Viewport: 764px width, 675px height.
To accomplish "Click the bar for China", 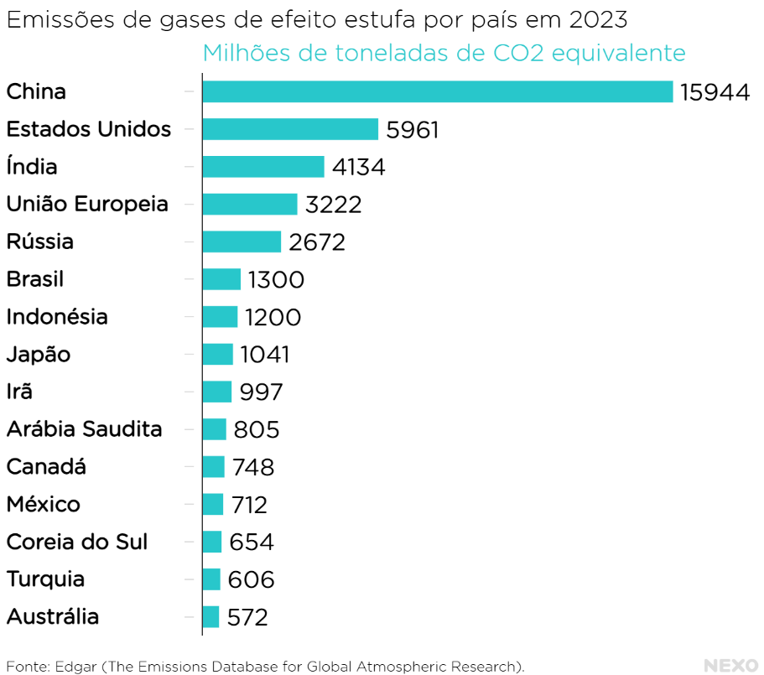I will [437, 91].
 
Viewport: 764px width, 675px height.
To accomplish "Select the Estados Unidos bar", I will [290, 129].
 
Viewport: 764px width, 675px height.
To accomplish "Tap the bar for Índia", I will [262, 167].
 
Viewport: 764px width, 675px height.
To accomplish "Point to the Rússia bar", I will [242, 241].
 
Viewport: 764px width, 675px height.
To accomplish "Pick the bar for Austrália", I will [210, 617].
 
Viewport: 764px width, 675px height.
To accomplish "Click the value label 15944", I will [715, 92].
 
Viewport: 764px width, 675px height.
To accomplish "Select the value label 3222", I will [334, 205].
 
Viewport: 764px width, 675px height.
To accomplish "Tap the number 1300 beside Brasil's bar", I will [276, 279].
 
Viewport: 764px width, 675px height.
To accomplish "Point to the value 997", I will [261, 392].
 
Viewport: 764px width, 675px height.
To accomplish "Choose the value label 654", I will [252, 543].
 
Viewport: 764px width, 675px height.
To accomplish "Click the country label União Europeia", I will [87, 204].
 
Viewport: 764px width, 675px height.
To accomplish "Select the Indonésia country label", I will [57, 317].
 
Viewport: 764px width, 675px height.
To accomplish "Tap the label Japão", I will [39, 355].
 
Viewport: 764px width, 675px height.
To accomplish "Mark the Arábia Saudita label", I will [84, 429].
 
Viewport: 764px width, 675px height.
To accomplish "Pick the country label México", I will [44, 505].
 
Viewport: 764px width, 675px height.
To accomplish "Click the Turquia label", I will [45, 579].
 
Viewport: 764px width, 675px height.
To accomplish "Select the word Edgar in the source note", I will [75, 667].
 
